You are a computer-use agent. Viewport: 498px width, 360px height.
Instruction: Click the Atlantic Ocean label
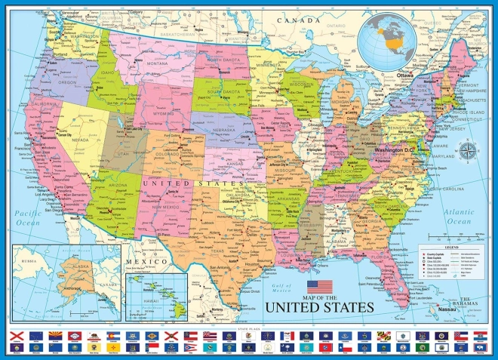coord(457,217)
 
